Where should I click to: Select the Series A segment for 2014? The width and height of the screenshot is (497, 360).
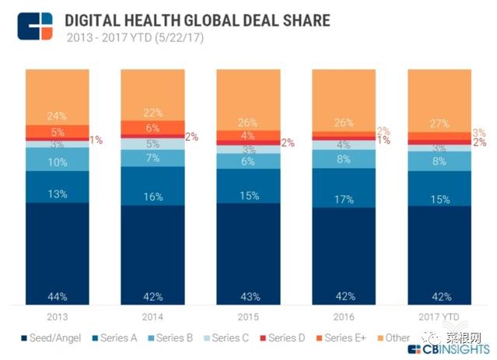152,186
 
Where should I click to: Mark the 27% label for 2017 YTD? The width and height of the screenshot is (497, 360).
439,123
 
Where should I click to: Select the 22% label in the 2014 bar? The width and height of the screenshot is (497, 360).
152,113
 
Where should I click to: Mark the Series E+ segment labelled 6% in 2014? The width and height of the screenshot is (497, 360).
152,128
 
